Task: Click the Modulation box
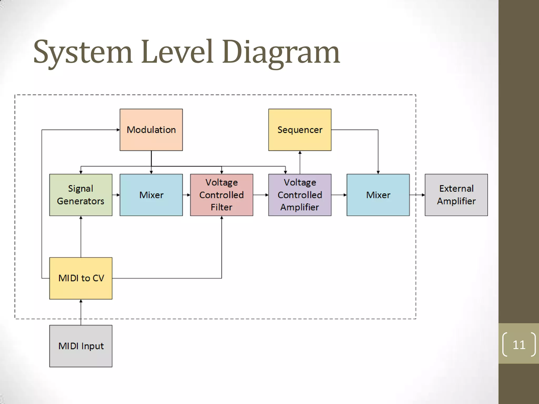tap(151, 130)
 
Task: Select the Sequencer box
tap(300, 130)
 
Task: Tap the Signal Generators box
tap(81, 195)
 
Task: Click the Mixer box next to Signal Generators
tap(151, 195)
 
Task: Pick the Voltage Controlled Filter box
tap(222, 195)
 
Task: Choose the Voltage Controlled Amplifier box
tap(300, 195)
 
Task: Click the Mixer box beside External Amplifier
tap(378, 195)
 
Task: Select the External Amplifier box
tap(456, 195)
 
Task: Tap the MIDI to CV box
tap(81, 278)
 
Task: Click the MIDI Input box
tap(81, 346)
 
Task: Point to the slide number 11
tap(519, 345)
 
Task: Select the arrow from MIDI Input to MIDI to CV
tap(81, 312)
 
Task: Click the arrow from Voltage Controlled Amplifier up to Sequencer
tap(300, 162)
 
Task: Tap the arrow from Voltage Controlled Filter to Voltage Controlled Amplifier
tap(261, 195)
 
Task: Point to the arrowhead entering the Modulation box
tap(118, 130)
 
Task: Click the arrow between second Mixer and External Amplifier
tap(417, 195)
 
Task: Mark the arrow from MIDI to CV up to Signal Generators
tap(81, 237)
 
